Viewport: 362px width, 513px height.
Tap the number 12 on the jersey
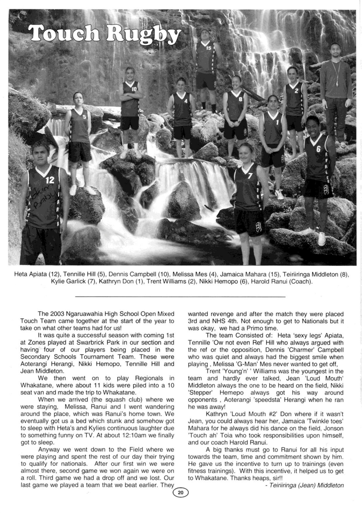(50, 180)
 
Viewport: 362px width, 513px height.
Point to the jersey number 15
(209, 48)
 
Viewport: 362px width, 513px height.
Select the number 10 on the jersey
(134, 89)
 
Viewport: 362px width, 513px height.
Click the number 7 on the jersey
(250, 176)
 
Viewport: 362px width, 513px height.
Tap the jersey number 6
(318, 148)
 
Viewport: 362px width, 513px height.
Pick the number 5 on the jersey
(84, 117)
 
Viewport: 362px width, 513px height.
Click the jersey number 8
(240, 99)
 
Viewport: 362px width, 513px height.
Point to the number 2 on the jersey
(296, 91)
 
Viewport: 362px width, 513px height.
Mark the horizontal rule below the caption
(180, 297)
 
